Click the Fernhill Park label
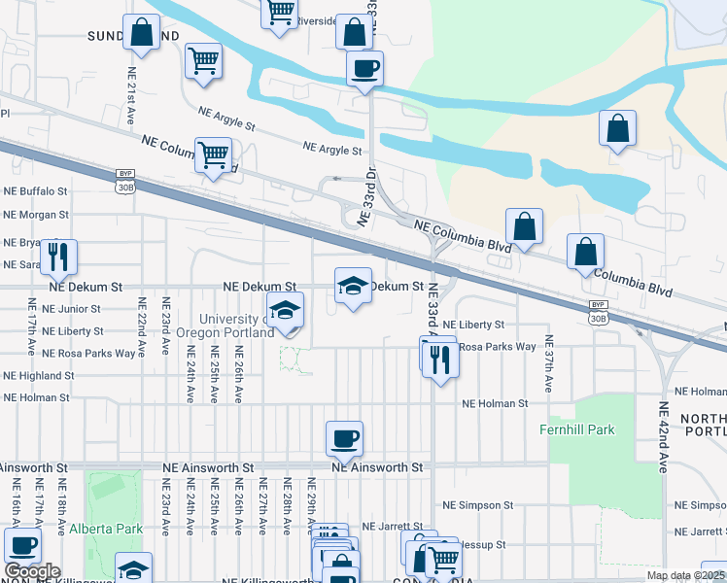point(578,429)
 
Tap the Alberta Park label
point(106,529)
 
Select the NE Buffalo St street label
point(36,192)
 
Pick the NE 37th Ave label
point(549,363)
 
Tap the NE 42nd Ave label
point(664,436)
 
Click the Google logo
point(32,571)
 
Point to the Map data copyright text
point(685,575)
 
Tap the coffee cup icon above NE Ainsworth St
point(344,439)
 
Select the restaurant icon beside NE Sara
point(58,257)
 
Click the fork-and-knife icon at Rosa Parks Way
point(442,360)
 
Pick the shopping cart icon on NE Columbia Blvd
point(213,154)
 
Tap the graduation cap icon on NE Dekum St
point(354,286)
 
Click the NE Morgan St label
point(36,215)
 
